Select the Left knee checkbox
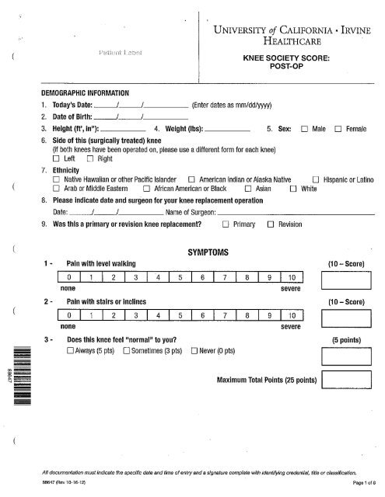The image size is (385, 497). (x=57, y=159)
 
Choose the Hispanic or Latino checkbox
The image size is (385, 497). (x=317, y=179)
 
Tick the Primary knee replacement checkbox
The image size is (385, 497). (x=226, y=224)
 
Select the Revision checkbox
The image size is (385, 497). (x=270, y=224)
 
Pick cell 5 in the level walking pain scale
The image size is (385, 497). (x=180, y=278)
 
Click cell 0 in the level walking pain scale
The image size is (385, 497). (x=69, y=278)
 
